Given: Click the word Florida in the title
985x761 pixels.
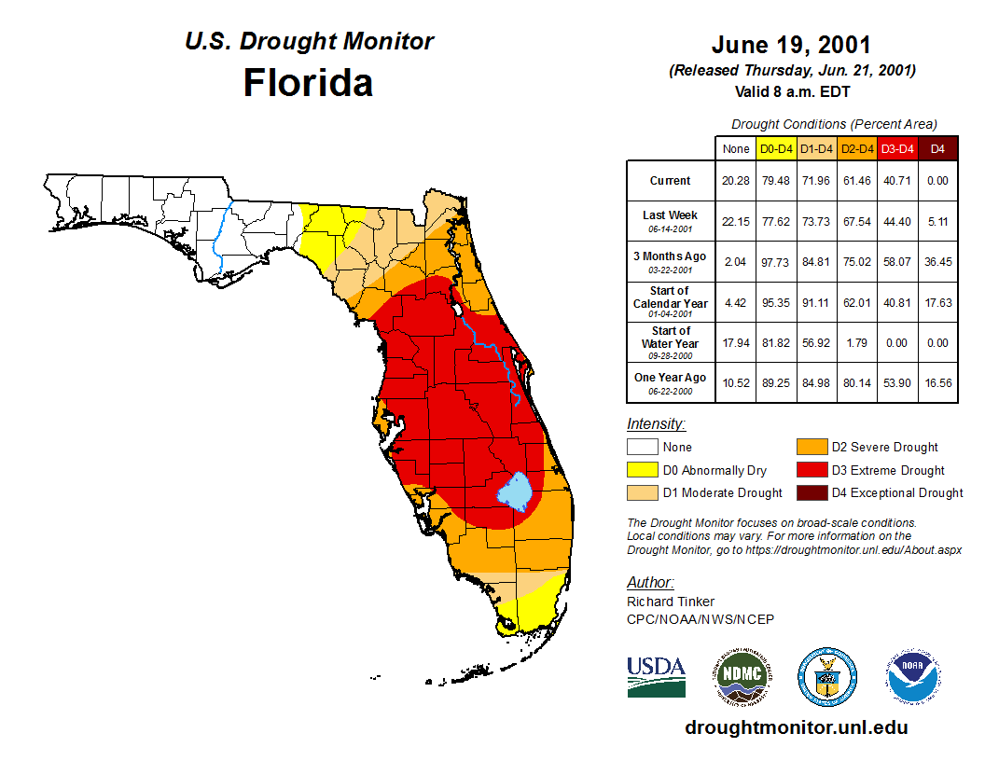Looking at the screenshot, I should coord(308,83).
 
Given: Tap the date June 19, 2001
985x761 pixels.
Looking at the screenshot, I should coord(791,45).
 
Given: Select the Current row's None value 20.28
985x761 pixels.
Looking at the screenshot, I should coord(736,181).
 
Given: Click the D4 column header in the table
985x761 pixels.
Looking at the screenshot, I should coord(937,148).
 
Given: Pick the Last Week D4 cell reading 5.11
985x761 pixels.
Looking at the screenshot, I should coord(937,221).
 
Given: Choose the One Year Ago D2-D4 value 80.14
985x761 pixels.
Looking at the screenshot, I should coord(857,382).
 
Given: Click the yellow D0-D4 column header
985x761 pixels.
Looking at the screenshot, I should coord(776,148).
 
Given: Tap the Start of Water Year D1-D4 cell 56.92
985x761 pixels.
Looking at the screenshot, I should coord(816,342).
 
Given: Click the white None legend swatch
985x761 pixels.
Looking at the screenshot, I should coord(642,448).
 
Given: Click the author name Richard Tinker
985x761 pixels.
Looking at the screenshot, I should coord(671,602).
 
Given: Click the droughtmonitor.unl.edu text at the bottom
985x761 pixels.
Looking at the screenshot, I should coord(796,727).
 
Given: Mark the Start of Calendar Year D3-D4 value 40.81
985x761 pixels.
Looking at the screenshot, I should coord(897,302).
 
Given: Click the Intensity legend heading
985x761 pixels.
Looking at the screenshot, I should coord(656,423).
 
